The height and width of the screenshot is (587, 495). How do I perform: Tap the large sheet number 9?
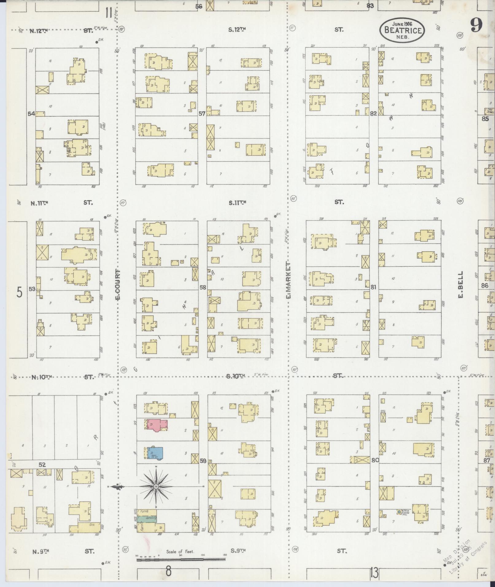[x=476, y=25]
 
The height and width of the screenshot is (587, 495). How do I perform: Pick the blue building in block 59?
[x=155, y=453]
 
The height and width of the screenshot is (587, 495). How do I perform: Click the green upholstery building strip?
[x=147, y=519]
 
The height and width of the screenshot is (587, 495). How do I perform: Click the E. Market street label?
[x=288, y=280]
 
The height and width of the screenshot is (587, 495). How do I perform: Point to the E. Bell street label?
[x=460, y=284]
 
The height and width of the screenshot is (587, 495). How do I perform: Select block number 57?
[x=202, y=114]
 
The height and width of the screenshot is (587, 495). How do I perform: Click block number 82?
[x=373, y=114]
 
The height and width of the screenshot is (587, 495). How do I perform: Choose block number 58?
[x=203, y=288]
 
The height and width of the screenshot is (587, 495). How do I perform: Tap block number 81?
[x=373, y=288]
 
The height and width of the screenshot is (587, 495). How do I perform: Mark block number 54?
[x=31, y=114]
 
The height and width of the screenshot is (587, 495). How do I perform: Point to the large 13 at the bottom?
[x=374, y=573]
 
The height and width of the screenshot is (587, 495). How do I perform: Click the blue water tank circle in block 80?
[x=399, y=512]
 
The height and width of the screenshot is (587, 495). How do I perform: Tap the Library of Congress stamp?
[x=466, y=557]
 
